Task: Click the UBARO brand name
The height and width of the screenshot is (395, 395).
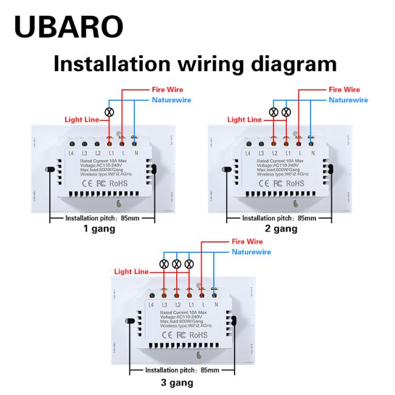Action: point(68,26)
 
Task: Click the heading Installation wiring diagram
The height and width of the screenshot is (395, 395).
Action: point(195,63)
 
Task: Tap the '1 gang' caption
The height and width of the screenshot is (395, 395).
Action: point(99,229)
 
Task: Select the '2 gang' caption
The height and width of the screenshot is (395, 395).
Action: point(281,229)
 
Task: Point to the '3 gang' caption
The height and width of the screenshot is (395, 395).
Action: point(177,382)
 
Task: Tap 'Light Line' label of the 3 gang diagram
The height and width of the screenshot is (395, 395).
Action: point(131,272)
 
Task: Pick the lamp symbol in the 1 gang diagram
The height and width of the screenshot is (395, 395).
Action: point(110,112)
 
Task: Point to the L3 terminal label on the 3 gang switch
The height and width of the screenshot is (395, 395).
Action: point(164,304)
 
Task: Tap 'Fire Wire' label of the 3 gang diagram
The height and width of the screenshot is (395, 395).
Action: point(247,242)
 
